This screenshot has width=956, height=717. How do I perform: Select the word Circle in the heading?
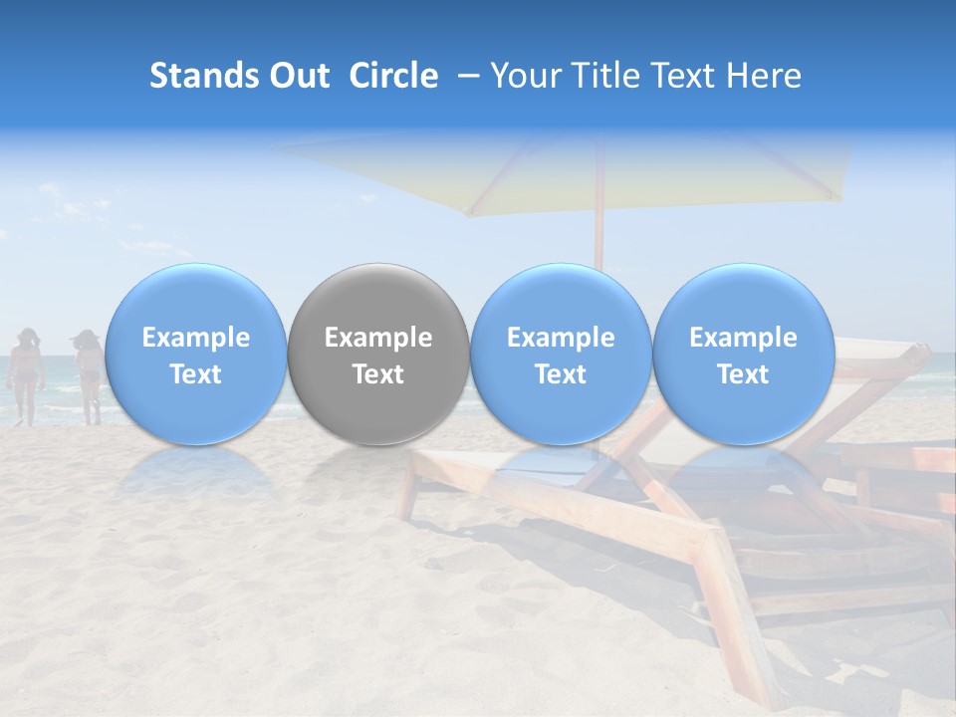click(x=393, y=76)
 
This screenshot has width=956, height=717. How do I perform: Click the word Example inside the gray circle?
click(x=378, y=338)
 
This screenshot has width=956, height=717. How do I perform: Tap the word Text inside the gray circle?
click(x=378, y=374)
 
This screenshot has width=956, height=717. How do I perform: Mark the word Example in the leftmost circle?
click(x=195, y=338)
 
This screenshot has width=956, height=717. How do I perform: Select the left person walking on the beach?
click(x=24, y=373)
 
